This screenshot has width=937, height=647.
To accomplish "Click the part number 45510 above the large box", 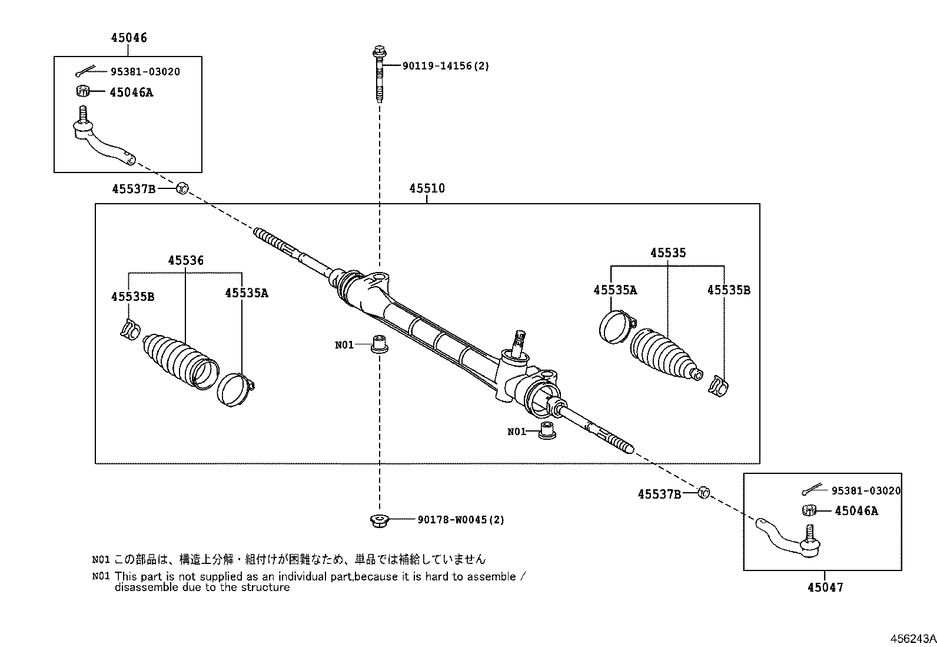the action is pyautogui.click(x=427, y=188).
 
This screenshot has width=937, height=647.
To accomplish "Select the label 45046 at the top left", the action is pyautogui.click(x=129, y=38).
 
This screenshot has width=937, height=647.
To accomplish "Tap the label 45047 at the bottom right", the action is pyautogui.click(x=825, y=588).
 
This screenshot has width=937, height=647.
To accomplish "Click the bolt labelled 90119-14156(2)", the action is pyautogui.click(x=380, y=74).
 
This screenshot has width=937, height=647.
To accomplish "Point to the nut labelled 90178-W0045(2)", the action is pyautogui.click(x=380, y=520).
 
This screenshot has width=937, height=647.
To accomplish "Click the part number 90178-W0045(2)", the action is pyautogui.click(x=461, y=520).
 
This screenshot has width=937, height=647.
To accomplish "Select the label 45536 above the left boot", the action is pyautogui.click(x=186, y=260).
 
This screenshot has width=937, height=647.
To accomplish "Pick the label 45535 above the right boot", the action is pyautogui.click(x=668, y=253).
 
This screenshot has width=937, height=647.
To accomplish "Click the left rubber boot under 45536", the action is pyautogui.click(x=180, y=361).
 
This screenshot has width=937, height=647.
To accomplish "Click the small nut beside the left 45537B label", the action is pyautogui.click(x=182, y=189).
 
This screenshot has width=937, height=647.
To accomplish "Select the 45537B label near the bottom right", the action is pyautogui.click(x=659, y=495).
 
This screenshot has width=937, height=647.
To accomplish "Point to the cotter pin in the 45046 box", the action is pyautogui.click(x=86, y=72).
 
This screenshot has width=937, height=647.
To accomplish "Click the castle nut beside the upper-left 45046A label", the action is pyautogui.click(x=83, y=91).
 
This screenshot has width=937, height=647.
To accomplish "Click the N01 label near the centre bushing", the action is pyautogui.click(x=344, y=345).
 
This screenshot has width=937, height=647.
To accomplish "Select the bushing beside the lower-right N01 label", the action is pyautogui.click(x=547, y=430).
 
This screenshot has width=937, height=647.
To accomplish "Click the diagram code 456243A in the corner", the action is pyautogui.click(x=913, y=639).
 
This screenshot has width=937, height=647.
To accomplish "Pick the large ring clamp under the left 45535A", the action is pyautogui.click(x=235, y=390).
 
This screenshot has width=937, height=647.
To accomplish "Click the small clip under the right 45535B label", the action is pyautogui.click(x=718, y=386).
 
